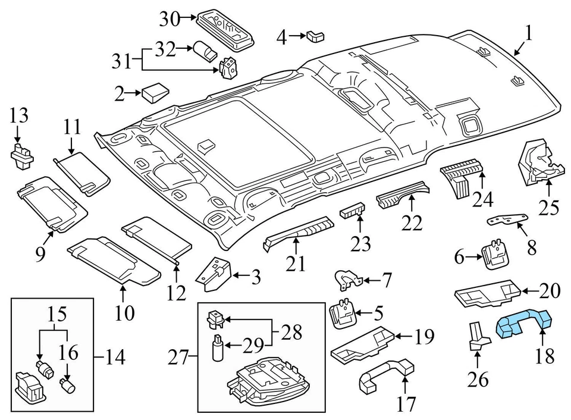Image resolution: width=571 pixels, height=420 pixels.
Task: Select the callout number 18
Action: click(x=545, y=356)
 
